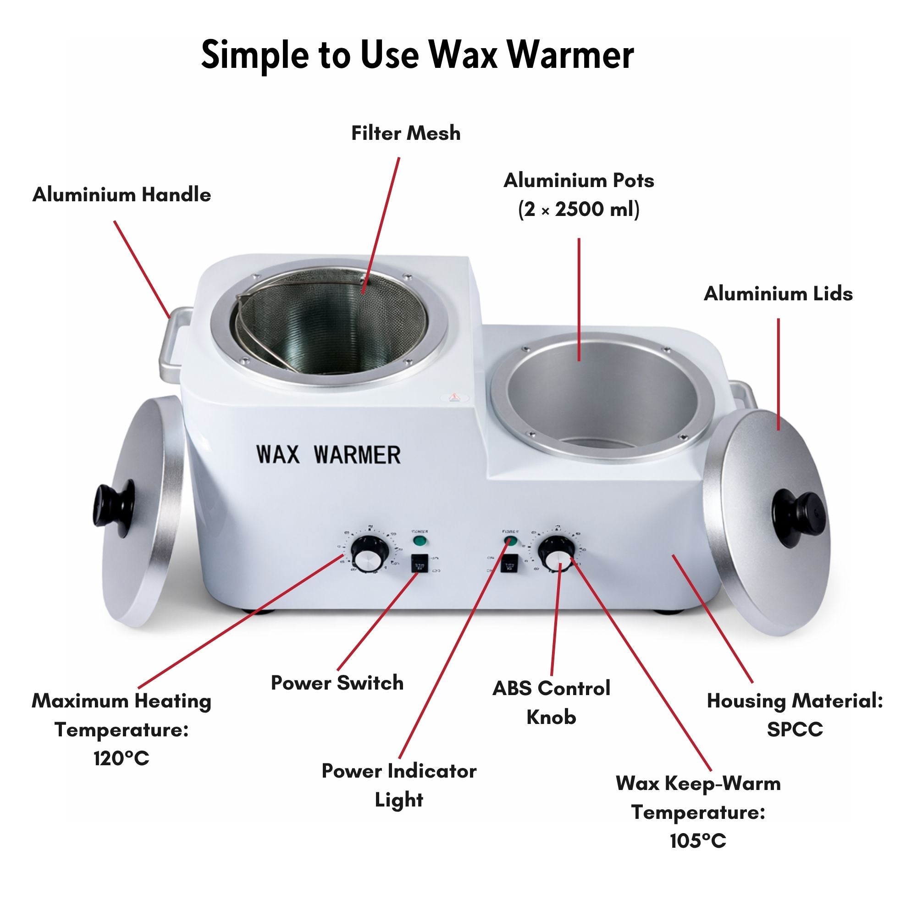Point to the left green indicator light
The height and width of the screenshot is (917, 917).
[x=419, y=541]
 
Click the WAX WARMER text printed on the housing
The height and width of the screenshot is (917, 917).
[x=328, y=455]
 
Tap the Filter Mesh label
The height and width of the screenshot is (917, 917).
[x=406, y=133]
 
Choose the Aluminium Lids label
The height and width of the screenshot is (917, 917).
[x=778, y=294]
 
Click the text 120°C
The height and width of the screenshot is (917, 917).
[x=122, y=758]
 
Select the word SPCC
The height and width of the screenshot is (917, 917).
[x=795, y=729]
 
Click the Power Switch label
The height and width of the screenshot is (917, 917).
[x=337, y=683]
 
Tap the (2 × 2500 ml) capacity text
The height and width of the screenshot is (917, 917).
[x=579, y=210]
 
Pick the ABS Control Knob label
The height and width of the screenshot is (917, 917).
[x=551, y=702]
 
